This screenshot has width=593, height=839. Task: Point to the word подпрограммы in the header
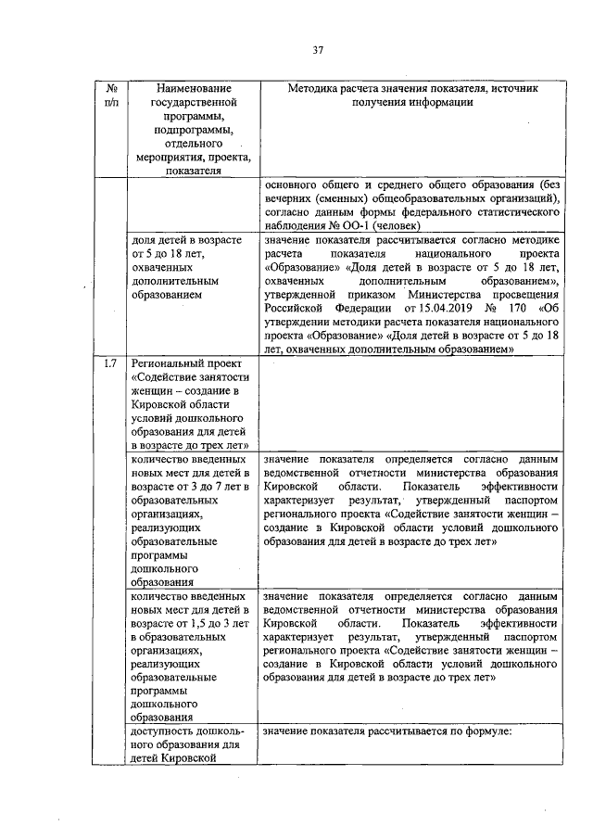coord(193,130)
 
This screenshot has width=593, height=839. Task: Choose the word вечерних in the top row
coord(290,197)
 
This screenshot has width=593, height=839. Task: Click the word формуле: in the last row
coord(492,731)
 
